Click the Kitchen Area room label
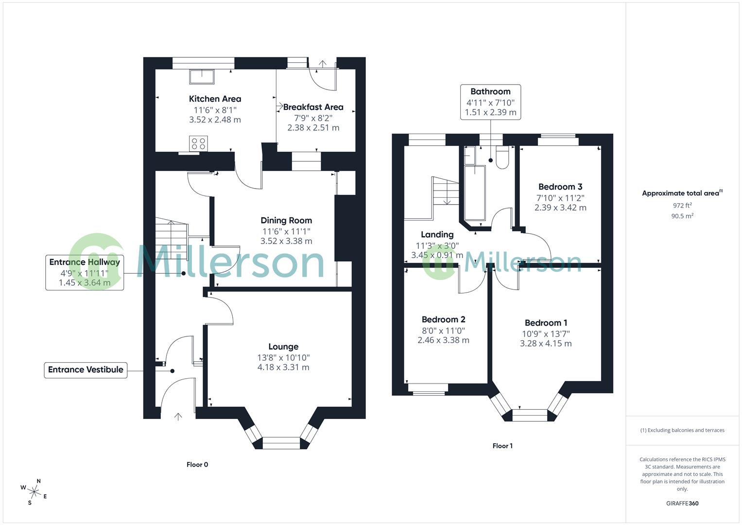215,99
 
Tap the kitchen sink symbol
202,77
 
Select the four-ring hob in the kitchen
199,143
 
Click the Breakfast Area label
313,107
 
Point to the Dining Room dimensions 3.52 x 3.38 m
286,241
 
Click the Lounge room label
283,347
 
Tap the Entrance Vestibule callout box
86,370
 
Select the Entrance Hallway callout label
85,262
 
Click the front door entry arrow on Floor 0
178,416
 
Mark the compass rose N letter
39,481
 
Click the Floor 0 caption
197,465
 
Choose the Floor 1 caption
502,446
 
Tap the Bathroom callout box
490,102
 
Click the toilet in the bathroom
502,157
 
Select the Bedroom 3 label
560,187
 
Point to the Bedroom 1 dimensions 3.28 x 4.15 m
546,344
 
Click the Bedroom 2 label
443,320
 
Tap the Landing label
437,235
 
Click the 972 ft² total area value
682,206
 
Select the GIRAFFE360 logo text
682,503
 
